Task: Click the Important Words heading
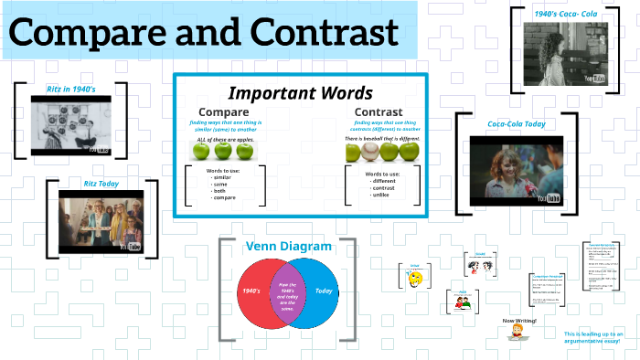(299, 93)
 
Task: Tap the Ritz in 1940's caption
(70, 89)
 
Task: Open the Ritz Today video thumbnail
(100, 222)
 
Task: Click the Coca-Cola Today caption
(516, 124)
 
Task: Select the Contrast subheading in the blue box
(379, 112)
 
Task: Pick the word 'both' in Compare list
(220, 190)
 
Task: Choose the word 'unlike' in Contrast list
(381, 195)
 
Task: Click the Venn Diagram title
(288, 246)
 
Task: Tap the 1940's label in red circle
(251, 291)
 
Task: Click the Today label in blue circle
(324, 291)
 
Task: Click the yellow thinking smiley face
(415, 279)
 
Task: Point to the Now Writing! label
(520, 321)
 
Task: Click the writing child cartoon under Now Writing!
(519, 336)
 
